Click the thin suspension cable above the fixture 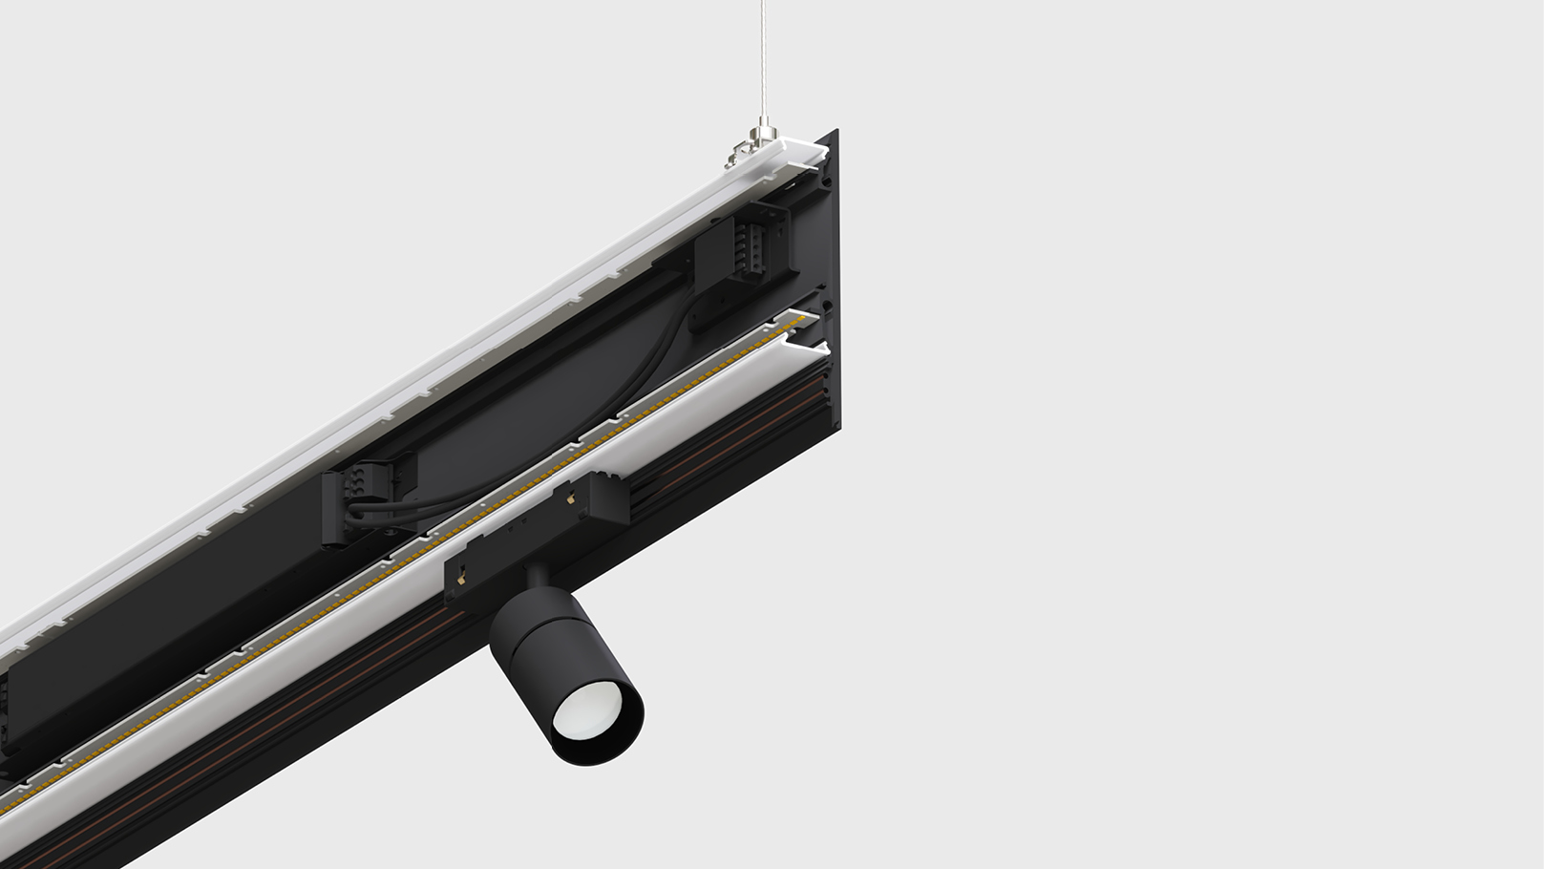click(x=763, y=57)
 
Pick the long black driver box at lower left click(x=143, y=649)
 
